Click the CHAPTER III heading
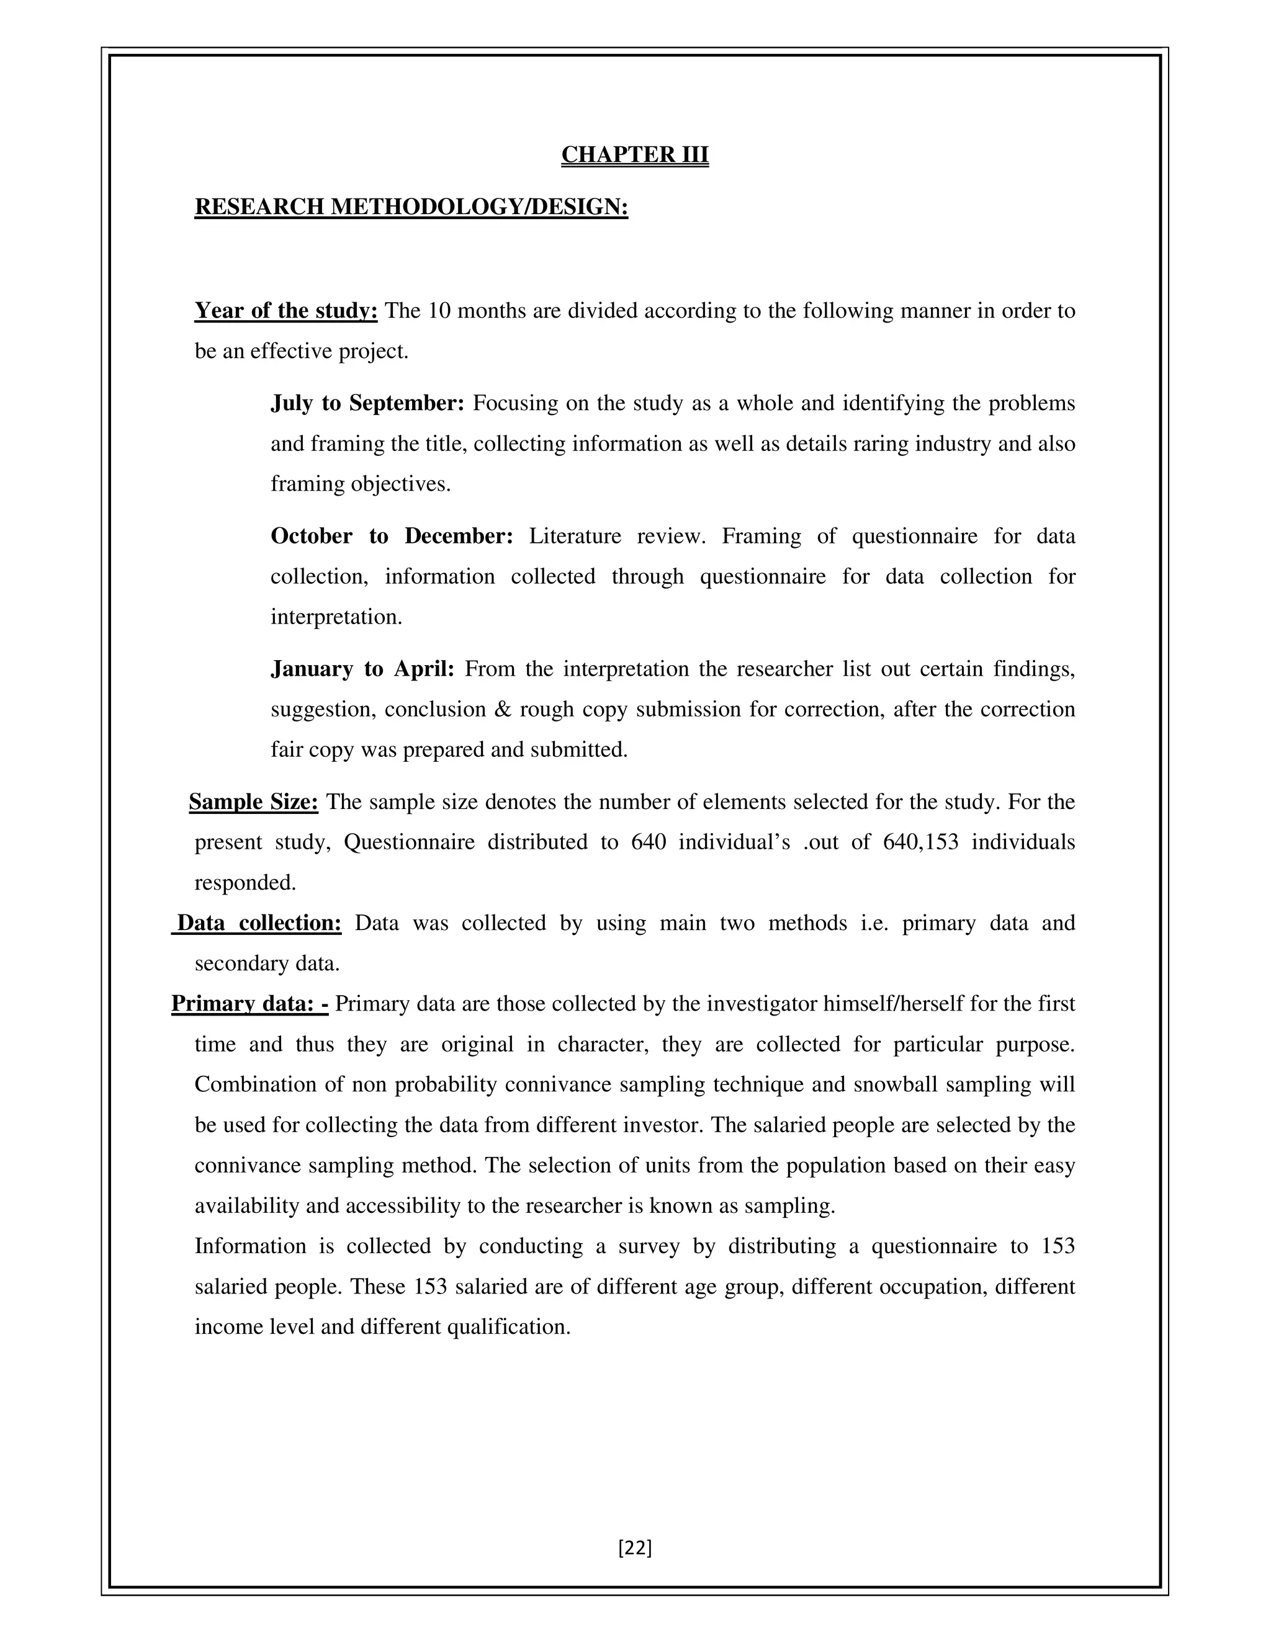pyautogui.click(x=635, y=154)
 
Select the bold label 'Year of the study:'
pyautogui.click(x=285, y=310)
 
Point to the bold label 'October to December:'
pyautogui.click(x=392, y=536)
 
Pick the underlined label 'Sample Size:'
pyautogui.click(x=254, y=802)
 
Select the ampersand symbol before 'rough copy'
pyautogui.click(x=503, y=709)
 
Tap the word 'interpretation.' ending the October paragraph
pyautogui.click(x=336, y=617)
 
